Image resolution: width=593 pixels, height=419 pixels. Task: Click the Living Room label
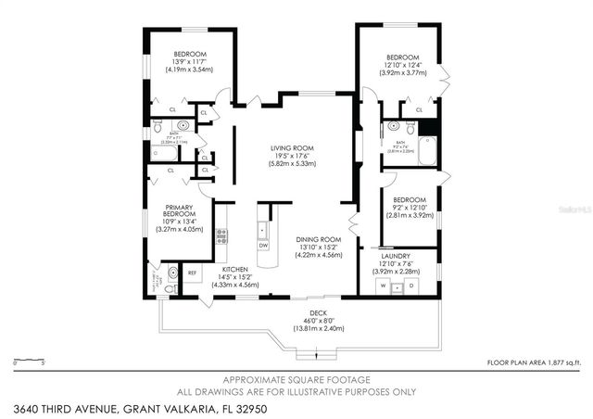tap(287, 148)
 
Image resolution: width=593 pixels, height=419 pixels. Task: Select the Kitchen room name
tap(233, 269)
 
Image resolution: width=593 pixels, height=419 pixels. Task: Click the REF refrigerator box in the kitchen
tap(193, 273)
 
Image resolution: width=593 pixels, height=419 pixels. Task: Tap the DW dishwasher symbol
tap(263, 245)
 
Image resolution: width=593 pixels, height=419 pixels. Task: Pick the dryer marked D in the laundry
tap(410, 286)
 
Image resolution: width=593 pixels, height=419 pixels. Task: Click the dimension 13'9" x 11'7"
tap(185, 61)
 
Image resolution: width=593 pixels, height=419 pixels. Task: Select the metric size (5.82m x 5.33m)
tap(287, 164)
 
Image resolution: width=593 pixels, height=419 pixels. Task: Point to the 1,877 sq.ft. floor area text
tap(563, 362)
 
